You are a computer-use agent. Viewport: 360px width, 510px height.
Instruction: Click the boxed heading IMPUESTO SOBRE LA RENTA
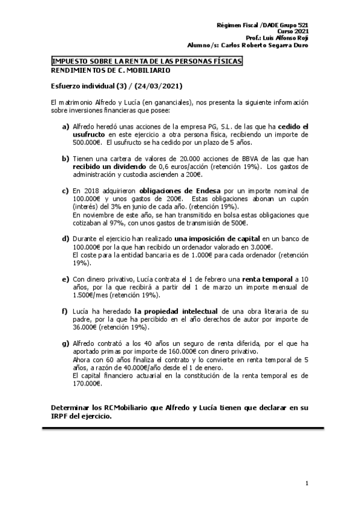click(147, 62)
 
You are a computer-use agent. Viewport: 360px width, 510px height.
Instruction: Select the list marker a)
click(66, 127)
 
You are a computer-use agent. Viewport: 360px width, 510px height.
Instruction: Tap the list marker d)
click(66, 222)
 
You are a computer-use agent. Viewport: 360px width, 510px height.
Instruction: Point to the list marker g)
click(66, 343)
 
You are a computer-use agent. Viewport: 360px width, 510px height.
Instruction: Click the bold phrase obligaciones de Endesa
click(155, 190)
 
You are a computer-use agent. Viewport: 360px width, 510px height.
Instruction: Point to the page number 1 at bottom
click(307, 483)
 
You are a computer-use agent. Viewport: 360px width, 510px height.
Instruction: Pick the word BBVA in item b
click(217, 158)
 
